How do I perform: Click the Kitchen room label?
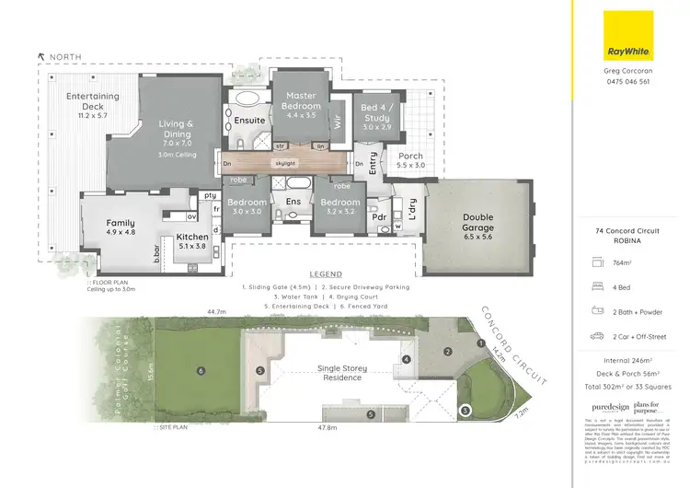click(x=193, y=241)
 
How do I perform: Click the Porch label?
click(x=409, y=160)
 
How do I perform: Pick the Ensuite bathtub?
click(x=246, y=99)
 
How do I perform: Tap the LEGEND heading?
click(x=325, y=274)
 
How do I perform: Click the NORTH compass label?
click(x=64, y=57)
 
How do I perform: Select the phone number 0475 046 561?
click(x=627, y=82)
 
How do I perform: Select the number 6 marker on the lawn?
click(x=201, y=371)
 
